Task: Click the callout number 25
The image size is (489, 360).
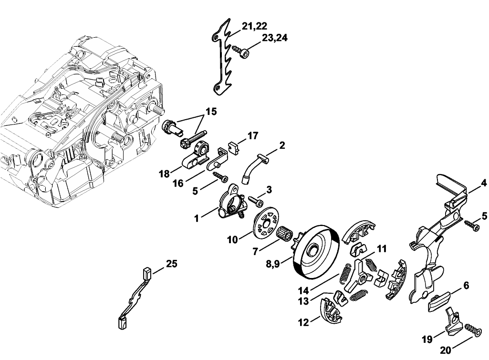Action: coord(172,264)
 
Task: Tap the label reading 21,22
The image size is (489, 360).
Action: coord(254,26)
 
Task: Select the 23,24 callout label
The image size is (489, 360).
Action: coord(274,38)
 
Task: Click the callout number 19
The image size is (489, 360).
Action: coord(427,339)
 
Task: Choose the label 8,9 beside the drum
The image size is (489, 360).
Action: coord(272,264)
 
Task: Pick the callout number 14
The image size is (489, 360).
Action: coord(303,291)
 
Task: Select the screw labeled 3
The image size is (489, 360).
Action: coord(256,200)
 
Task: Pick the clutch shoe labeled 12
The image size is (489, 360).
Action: coord(331,310)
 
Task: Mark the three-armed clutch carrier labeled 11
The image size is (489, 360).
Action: coord(359,275)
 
